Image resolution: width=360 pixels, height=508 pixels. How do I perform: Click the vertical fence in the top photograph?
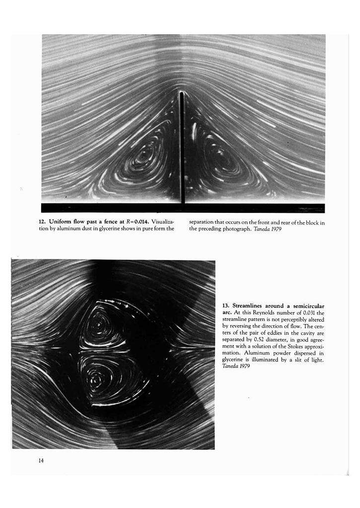[182, 149]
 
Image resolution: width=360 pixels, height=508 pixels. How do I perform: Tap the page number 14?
[41, 461]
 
